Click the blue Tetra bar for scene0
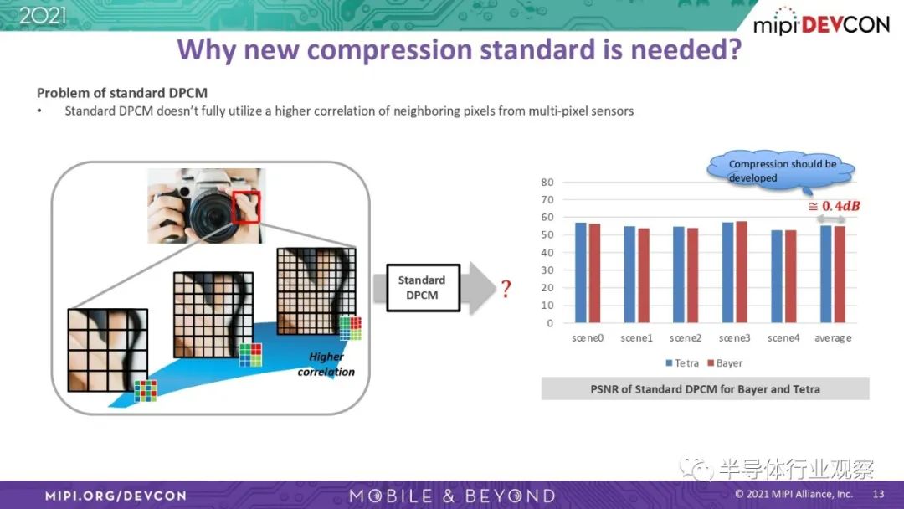pyautogui.click(x=581, y=273)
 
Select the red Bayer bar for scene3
pyautogui.click(x=742, y=272)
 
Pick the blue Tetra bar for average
pyautogui.click(x=826, y=274)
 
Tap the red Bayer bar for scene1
pyautogui.click(x=644, y=275)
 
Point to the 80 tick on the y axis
pyautogui.click(x=547, y=183)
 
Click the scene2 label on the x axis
pyautogui.click(x=686, y=337)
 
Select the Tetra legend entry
pyautogui.click(x=682, y=363)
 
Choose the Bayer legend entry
pyautogui.click(x=725, y=363)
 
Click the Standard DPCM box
pyautogui.click(x=423, y=288)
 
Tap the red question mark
pyautogui.click(x=506, y=288)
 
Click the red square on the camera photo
pyautogui.click(x=246, y=207)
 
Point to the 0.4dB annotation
pyautogui.click(x=835, y=207)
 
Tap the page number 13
pyautogui.click(x=878, y=494)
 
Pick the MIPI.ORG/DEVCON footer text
pyautogui.click(x=116, y=496)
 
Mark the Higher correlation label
pyautogui.click(x=326, y=364)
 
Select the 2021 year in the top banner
pyautogui.click(x=43, y=15)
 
